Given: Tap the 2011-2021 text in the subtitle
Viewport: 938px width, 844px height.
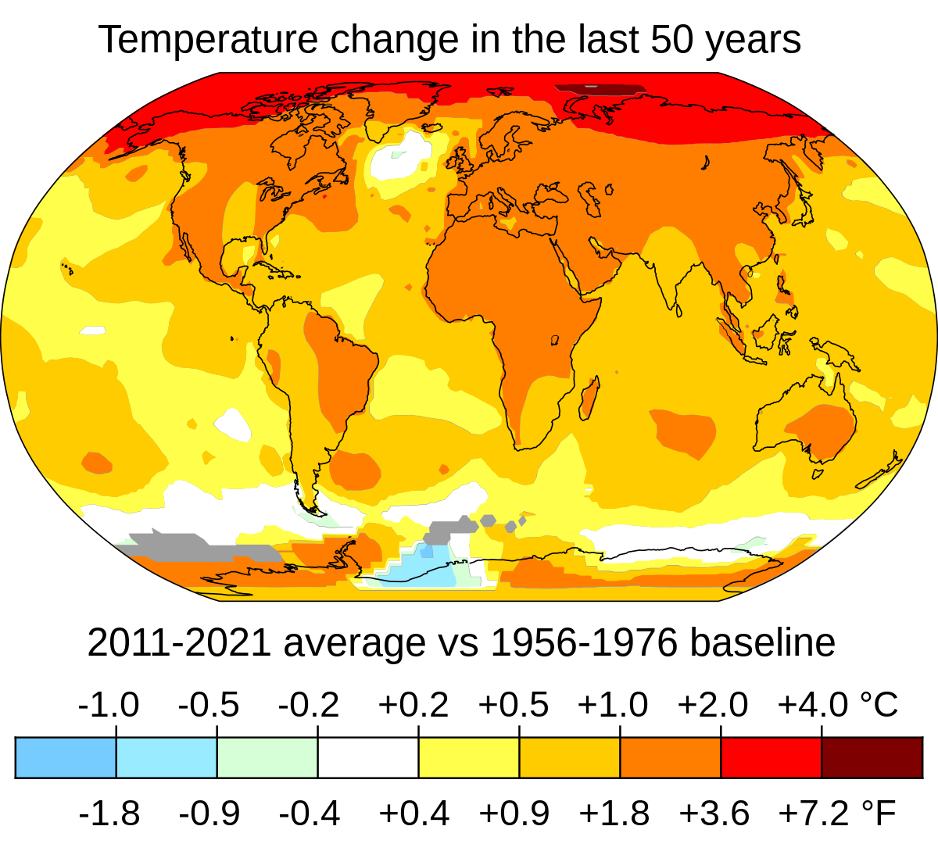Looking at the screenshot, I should tap(180, 643).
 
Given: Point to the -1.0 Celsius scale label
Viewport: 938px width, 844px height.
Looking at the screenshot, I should tap(109, 705).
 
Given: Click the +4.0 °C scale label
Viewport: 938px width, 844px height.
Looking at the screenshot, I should tap(837, 705).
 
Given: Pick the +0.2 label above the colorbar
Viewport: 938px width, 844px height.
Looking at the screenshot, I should tap(414, 705).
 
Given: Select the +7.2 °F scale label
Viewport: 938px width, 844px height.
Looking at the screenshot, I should tap(837, 814).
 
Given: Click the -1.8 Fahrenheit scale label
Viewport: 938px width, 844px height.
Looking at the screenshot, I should tap(109, 814).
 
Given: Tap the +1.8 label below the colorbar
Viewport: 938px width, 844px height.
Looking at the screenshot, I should tap(614, 814).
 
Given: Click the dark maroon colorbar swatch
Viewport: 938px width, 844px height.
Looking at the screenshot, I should tap(872, 757).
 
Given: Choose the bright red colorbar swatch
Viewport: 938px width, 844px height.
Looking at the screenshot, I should tap(771, 757).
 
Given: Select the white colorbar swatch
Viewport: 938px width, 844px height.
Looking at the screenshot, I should tap(367, 757).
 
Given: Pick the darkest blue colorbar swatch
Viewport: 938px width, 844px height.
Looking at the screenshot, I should tap(66, 757).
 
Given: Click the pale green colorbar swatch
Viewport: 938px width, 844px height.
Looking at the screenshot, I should tap(267, 757).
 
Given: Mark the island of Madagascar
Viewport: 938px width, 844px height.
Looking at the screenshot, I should tap(589, 397).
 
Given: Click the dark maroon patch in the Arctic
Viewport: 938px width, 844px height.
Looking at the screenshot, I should tap(598, 89).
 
